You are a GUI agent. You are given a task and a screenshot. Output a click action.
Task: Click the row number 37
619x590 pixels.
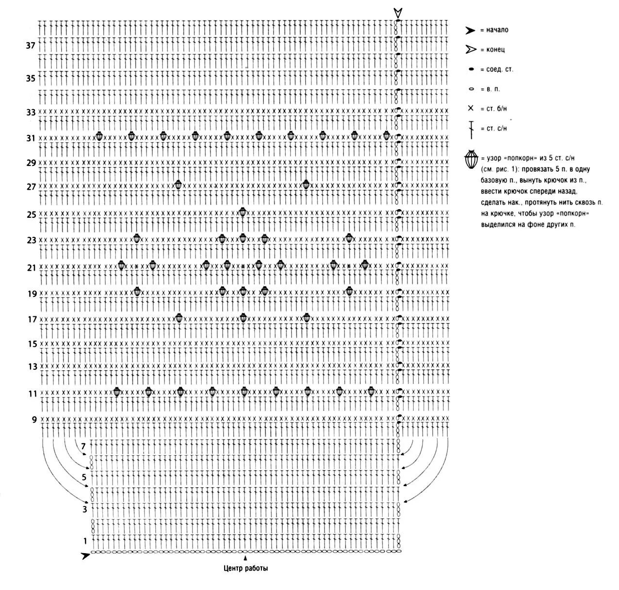click(31, 46)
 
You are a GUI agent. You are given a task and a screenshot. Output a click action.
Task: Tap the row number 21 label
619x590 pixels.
click(32, 267)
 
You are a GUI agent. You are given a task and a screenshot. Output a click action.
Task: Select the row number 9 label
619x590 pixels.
click(34, 420)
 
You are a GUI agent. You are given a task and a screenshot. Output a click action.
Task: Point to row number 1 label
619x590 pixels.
click(85, 541)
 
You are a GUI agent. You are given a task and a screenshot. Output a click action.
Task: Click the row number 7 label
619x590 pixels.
click(83, 446)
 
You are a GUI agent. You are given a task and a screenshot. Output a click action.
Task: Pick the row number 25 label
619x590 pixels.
click(32, 214)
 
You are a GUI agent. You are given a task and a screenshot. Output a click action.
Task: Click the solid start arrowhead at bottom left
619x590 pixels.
click(85, 556)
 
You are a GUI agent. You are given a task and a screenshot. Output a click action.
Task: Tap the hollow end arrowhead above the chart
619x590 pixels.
click(398, 13)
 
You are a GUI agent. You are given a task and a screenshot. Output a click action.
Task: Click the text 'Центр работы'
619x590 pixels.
click(246, 568)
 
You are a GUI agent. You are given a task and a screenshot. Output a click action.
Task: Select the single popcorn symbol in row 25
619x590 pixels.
click(243, 212)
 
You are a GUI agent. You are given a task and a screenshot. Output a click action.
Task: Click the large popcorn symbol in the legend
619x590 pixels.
click(471, 160)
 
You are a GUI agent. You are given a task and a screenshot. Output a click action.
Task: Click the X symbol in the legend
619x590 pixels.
click(470, 108)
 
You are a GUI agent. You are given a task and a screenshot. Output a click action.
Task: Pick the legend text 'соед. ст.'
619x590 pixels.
click(500, 69)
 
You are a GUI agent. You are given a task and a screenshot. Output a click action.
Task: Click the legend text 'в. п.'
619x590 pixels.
click(493, 89)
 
